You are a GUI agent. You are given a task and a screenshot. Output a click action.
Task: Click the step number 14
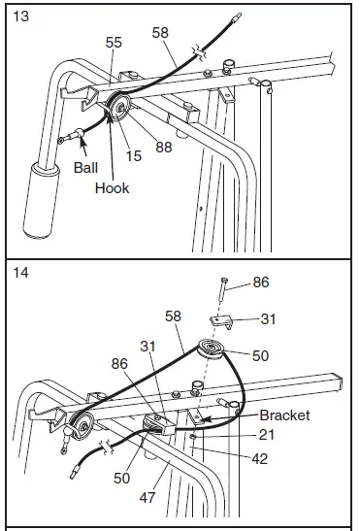[x=19, y=275]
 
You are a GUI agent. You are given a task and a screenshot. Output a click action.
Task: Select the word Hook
[x=112, y=189]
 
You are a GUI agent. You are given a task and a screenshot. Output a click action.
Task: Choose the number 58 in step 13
[x=159, y=34]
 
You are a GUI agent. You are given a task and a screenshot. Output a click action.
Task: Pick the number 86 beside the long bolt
[x=261, y=282]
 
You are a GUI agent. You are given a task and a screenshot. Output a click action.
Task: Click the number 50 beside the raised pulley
[x=260, y=356]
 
